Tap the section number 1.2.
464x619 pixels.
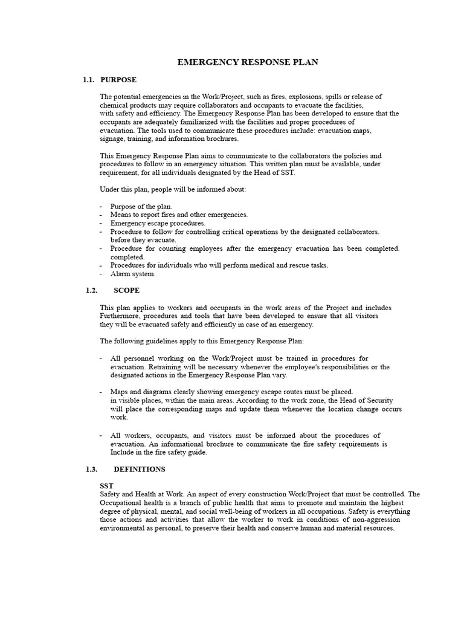[92, 290]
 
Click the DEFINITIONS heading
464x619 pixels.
[139, 469]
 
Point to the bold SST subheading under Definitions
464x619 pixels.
[106, 486]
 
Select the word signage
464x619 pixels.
[112, 139]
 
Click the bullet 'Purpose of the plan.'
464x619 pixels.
[141, 206]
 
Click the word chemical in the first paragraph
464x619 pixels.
[114, 105]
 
